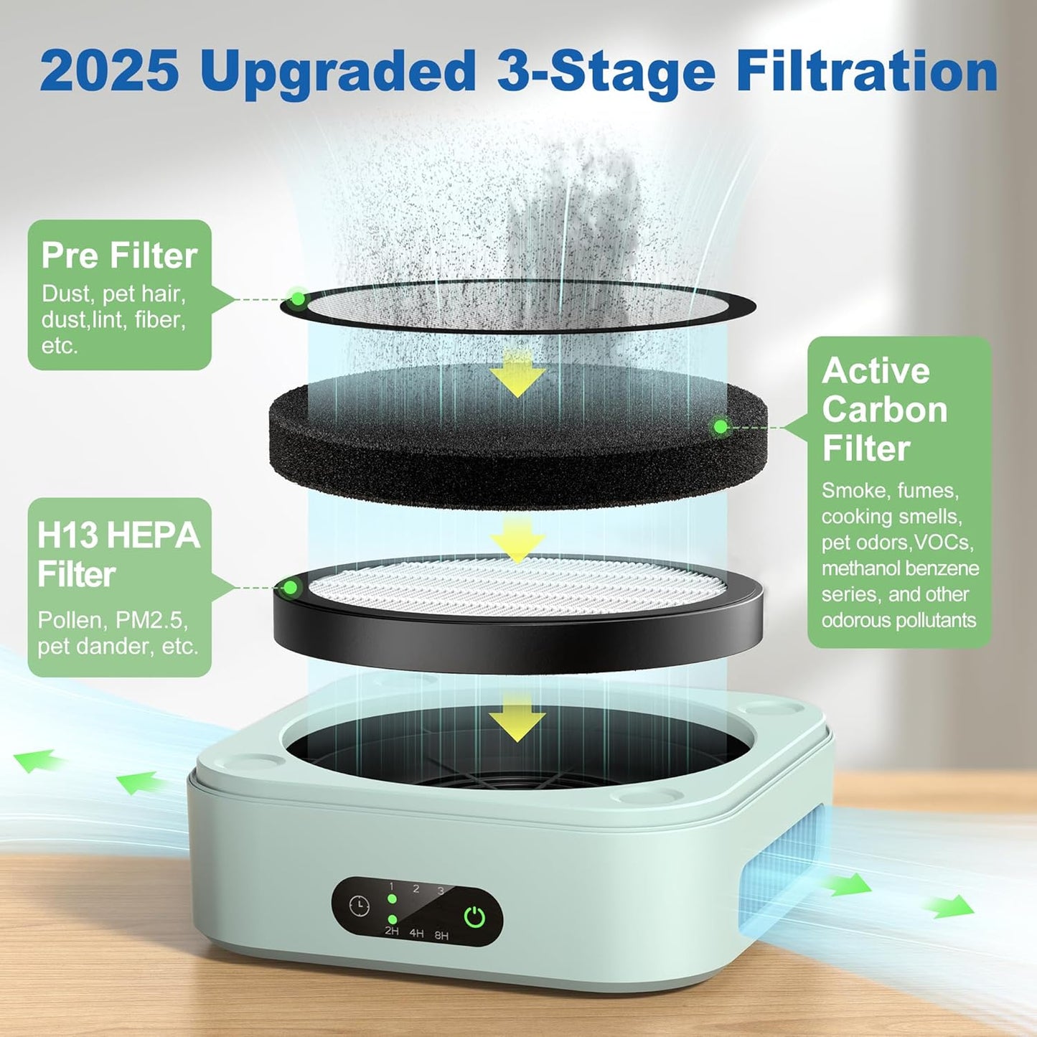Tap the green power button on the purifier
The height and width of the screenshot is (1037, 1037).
pos(474,916)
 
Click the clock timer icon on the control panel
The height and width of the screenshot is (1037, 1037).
pos(359,906)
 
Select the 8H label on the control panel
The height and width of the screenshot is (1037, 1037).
pos(441,936)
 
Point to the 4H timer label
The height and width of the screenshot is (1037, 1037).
pos(416,934)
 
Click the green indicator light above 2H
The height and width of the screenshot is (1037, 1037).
pos(392,919)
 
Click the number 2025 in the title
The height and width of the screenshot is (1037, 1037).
pos(109,70)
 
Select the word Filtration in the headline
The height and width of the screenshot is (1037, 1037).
pos(867,70)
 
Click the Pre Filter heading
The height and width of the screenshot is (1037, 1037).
pos(119,255)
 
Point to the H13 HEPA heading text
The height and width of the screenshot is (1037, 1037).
pos(118,535)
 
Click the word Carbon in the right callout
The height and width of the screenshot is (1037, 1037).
pos(884,409)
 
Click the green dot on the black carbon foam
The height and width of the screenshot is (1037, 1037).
pos(721,427)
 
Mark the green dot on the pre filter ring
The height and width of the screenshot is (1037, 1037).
pos(297,298)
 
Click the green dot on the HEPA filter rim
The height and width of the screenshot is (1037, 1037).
pos(290,588)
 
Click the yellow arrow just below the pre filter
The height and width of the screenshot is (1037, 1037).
pos(517,375)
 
